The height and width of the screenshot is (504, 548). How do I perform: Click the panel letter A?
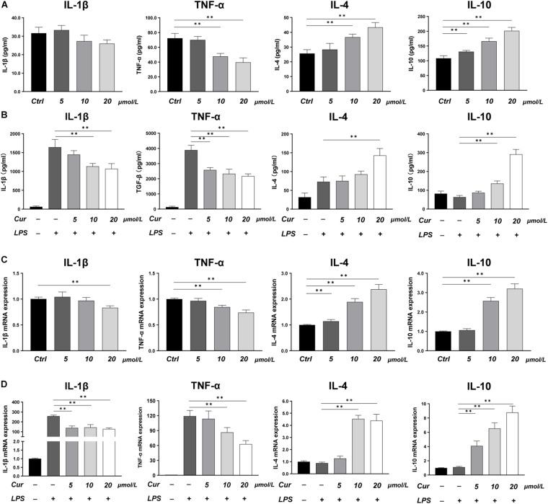pos(5,5)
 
